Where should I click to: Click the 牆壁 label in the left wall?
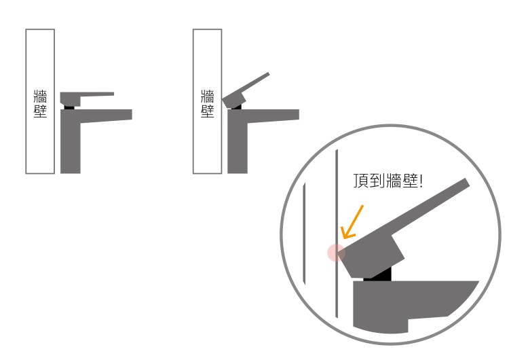[x=40, y=104]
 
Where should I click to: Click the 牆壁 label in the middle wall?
[x=208, y=104]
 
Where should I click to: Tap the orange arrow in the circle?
[x=352, y=222]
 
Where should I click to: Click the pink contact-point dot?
[x=336, y=253]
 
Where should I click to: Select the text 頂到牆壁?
[x=388, y=181]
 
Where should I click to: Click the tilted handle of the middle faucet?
[x=246, y=90]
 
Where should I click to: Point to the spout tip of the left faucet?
[x=132, y=115]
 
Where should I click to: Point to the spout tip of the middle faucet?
[x=299, y=115]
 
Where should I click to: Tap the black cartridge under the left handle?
[x=69, y=107]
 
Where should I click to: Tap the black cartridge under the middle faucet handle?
[x=237, y=107]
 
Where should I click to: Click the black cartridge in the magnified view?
[x=378, y=274]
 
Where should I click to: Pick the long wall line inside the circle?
[x=337, y=233]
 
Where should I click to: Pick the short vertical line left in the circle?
[x=304, y=233]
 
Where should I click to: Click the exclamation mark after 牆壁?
[x=421, y=181]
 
